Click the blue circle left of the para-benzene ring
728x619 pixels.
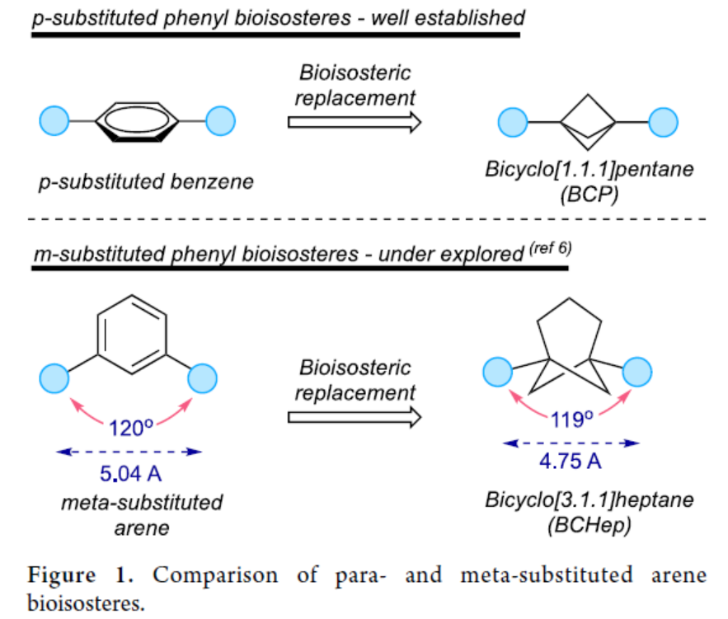click(54, 122)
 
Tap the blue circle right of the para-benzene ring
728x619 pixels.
click(220, 122)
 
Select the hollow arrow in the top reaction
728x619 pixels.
click(355, 123)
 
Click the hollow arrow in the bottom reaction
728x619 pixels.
click(355, 416)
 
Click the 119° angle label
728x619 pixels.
click(573, 420)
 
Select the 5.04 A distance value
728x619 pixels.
click(129, 474)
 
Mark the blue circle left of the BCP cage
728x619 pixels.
click(513, 123)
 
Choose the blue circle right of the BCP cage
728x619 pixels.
click(663, 123)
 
